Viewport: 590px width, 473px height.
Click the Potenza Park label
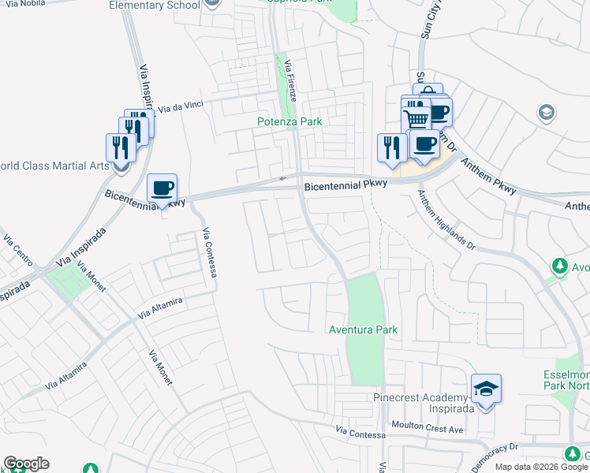click(x=289, y=122)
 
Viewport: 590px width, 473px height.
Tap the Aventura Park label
click(x=363, y=330)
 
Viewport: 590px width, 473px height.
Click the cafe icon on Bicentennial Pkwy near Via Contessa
click(x=162, y=189)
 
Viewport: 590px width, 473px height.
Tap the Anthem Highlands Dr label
click(x=446, y=222)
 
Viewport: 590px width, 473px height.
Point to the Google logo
click(x=26, y=464)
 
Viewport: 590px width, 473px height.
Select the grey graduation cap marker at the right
click(x=546, y=113)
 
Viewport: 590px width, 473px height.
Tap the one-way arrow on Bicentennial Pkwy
click(x=282, y=178)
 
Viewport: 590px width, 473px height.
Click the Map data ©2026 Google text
click(x=541, y=467)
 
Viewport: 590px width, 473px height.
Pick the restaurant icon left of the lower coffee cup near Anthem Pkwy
click(x=390, y=147)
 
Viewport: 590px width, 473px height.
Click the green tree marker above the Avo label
click(x=560, y=266)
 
